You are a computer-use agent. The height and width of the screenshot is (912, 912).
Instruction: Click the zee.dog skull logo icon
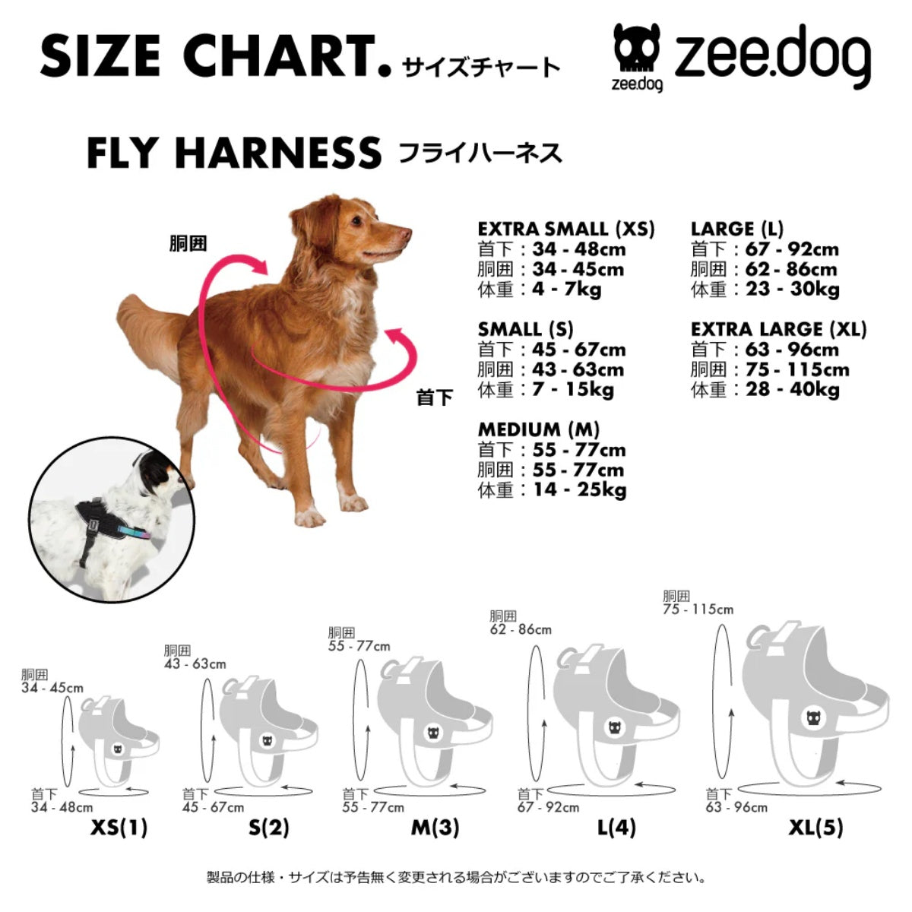636,51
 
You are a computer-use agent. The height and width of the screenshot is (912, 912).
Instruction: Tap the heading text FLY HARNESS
233,153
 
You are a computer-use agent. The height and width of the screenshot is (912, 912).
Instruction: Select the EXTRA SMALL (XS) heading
565,229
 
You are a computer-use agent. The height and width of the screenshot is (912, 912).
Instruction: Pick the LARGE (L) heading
736,229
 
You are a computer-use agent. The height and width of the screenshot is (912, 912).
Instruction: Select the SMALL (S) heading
525,330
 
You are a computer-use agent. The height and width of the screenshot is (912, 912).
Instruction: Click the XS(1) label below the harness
119,827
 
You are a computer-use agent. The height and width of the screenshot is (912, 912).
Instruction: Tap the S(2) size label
269,827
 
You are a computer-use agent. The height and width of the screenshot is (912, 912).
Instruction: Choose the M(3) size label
435,827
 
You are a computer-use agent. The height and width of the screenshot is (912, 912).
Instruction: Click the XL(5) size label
815,827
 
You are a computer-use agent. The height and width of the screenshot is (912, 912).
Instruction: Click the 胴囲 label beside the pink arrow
188,245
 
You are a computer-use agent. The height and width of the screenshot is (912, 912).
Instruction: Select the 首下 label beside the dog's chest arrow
435,397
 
